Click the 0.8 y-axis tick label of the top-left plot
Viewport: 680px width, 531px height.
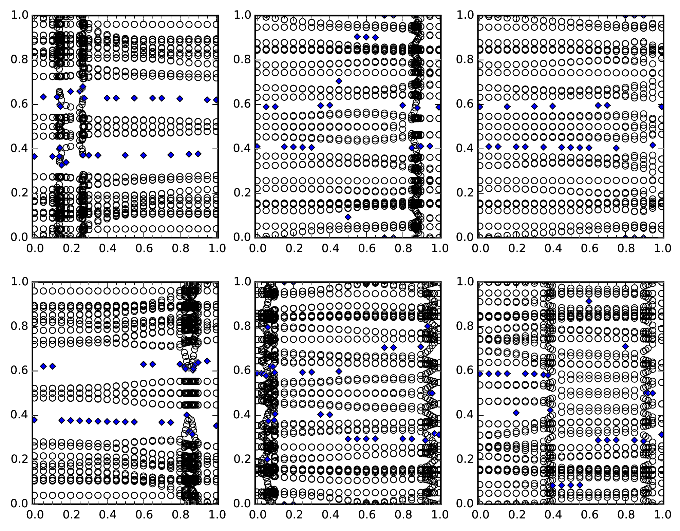click(x=19, y=60)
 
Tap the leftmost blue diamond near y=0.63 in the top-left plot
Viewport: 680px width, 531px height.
click(x=43, y=97)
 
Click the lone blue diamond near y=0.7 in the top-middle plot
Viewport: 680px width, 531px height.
click(x=339, y=81)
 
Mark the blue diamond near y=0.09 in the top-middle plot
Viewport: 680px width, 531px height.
click(x=348, y=217)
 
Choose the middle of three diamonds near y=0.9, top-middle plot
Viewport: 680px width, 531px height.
click(x=366, y=37)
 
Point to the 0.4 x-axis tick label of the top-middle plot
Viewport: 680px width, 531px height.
click(x=329, y=248)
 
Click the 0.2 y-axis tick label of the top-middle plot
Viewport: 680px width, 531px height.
click(x=242, y=193)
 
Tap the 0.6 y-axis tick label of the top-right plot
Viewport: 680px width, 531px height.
click(x=465, y=104)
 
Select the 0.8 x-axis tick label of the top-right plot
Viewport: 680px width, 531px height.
click(x=625, y=248)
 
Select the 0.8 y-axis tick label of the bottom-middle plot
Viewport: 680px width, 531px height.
click(x=242, y=326)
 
